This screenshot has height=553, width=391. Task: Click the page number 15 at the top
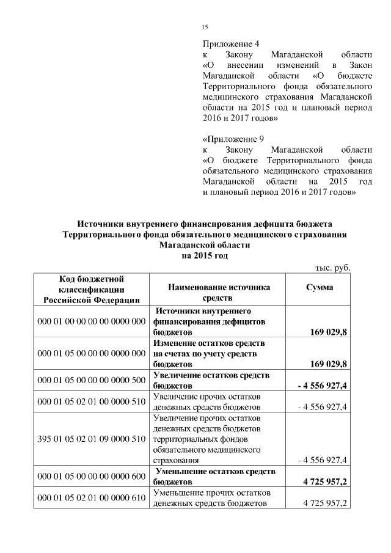click(205, 26)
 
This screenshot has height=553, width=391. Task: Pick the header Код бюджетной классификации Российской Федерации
click(92, 288)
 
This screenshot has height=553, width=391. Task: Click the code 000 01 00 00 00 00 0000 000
click(92, 321)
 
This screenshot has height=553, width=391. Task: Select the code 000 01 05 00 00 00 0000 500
click(92, 380)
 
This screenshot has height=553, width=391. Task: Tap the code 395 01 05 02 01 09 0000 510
click(92, 438)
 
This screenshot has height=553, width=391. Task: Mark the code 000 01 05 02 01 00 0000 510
click(92, 402)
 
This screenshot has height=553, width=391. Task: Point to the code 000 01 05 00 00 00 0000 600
click(92, 477)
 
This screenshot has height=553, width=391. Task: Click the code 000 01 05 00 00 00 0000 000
click(92, 353)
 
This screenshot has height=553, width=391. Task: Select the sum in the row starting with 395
click(322, 460)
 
